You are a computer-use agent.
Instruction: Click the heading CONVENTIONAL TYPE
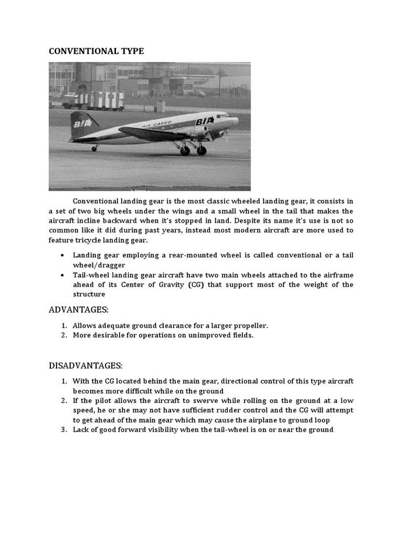[x=96, y=51]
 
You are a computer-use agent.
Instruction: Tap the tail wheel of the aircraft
[x=94, y=149]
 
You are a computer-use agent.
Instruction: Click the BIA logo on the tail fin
[x=83, y=124]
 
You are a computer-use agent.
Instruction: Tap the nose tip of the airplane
[x=238, y=120]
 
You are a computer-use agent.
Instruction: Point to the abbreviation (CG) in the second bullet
[x=194, y=285]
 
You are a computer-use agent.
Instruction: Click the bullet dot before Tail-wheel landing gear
[x=63, y=275]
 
